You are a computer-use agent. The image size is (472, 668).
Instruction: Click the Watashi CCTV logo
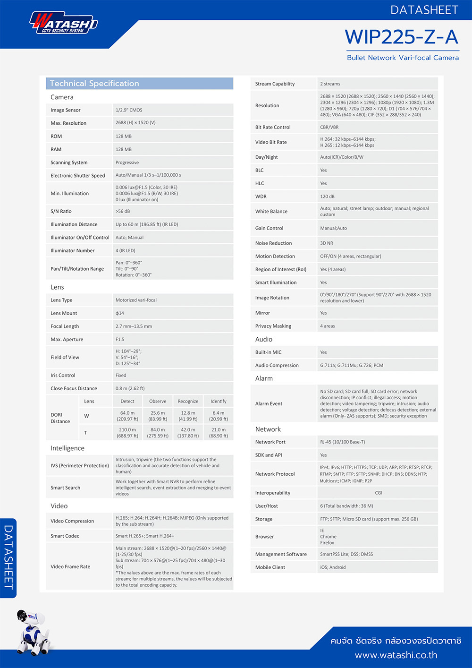click(64, 23)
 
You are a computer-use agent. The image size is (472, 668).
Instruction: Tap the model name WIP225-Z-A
click(402, 37)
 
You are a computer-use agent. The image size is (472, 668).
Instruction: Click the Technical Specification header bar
click(139, 84)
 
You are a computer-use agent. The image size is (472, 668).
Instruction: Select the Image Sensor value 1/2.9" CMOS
click(129, 110)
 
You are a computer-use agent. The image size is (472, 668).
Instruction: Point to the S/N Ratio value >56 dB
click(123, 211)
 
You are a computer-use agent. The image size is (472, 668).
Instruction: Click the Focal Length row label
click(65, 326)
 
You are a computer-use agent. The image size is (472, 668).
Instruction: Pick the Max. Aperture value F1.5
click(120, 339)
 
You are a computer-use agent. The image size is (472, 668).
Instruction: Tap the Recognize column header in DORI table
click(188, 402)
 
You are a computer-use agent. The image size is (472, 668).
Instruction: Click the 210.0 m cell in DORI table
click(127, 433)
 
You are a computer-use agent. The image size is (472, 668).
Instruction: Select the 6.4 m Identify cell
click(219, 416)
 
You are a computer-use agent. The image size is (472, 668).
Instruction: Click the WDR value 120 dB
click(327, 197)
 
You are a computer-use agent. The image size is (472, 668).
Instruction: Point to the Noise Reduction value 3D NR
click(327, 243)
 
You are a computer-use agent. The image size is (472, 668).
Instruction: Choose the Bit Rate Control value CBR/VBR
click(329, 127)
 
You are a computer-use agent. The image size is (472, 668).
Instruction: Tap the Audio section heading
click(264, 339)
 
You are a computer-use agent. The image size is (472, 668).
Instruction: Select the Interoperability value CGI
click(379, 493)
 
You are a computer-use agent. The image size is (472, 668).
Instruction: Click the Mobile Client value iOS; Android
click(333, 567)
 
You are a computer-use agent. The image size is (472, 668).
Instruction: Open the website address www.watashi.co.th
click(396, 655)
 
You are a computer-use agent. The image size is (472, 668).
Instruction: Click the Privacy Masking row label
click(273, 326)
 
